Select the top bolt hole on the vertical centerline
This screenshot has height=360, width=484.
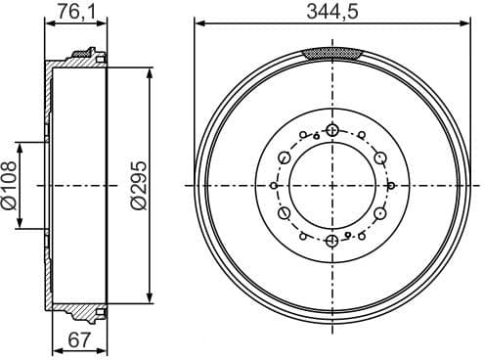coord(332,129)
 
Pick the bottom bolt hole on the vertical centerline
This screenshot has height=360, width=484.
coord(332,240)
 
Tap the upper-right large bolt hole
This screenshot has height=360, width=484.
coord(379,157)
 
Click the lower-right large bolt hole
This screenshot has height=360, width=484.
coord(379,212)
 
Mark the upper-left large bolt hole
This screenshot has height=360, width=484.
coord(285,157)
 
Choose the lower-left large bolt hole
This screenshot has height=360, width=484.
coord(285,212)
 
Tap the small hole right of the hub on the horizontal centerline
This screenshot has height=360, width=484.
coord(391,185)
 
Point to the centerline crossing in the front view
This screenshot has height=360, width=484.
coord(332,185)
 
